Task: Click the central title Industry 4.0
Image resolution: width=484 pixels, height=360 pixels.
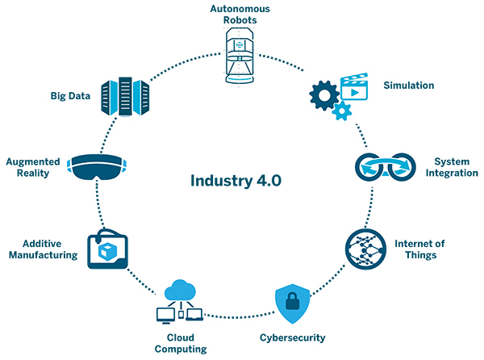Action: (x=237, y=179)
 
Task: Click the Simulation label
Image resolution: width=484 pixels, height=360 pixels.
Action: (x=409, y=86)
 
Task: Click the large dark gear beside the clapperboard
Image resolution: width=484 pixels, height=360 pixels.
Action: (x=323, y=96)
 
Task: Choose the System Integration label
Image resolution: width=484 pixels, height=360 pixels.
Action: (x=451, y=167)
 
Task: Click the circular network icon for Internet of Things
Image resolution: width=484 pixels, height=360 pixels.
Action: (x=367, y=249)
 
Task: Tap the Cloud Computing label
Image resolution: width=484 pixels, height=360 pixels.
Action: (x=181, y=342)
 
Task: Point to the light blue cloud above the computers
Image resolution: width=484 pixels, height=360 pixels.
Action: (x=181, y=289)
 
